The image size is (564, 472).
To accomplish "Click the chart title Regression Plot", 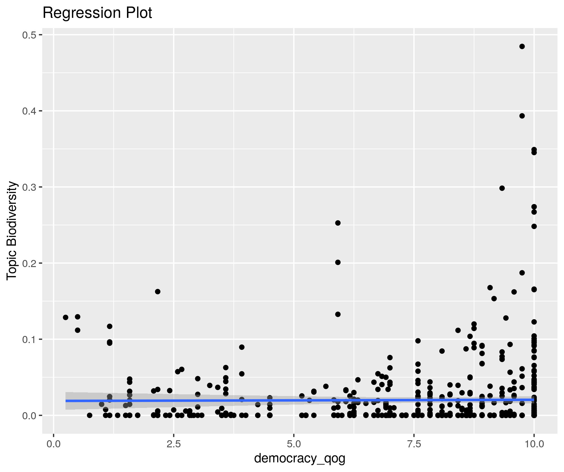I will point(97,13).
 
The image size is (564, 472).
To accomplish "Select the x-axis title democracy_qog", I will point(300,458).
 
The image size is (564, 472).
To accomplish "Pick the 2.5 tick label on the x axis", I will point(173,444).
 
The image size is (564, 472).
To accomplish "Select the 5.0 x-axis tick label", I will point(294,444).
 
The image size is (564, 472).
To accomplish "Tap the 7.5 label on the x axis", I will point(414,444).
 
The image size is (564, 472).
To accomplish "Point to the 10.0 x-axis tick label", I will point(534,444).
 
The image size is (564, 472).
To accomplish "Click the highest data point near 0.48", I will point(522,46).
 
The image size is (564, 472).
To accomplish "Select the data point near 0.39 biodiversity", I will point(522,116).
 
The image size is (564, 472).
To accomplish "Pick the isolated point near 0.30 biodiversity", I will point(502,188).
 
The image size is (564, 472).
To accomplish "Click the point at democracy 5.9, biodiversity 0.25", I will point(338,223).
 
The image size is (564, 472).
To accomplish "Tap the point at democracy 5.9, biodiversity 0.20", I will point(338,262).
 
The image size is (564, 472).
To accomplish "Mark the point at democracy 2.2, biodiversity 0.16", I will point(158,292).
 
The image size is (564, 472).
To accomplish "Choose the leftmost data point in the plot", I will point(65,317).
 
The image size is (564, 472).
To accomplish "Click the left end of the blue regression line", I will point(66,401).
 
